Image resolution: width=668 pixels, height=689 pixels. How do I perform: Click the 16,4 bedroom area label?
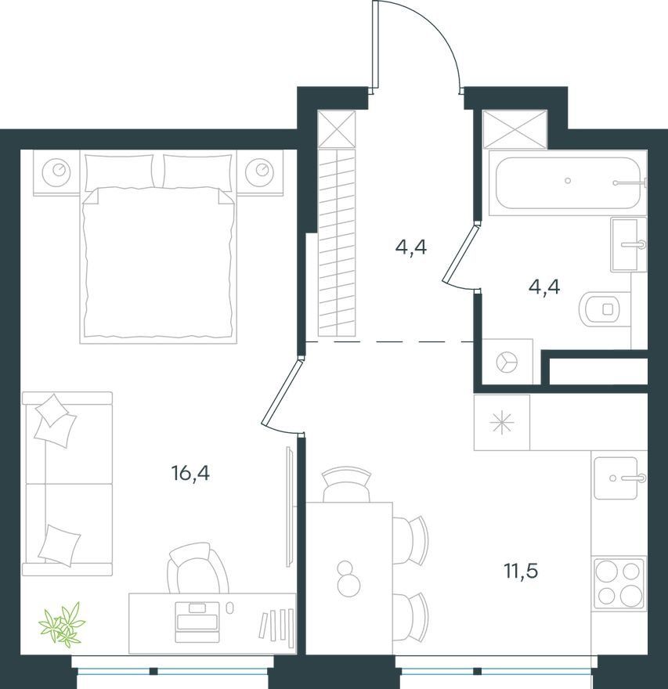[x=190, y=474]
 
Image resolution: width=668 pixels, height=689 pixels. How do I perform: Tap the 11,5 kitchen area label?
[x=521, y=572]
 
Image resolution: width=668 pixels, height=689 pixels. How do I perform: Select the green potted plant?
[x=62, y=624]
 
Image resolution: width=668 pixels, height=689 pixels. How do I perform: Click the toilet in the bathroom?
[x=599, y=309]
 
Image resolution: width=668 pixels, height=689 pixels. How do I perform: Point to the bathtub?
[x=568, y=182]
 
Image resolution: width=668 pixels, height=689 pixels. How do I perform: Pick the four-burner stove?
[x=619, y=583]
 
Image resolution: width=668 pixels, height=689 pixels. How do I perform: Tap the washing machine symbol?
[x=507, y=362]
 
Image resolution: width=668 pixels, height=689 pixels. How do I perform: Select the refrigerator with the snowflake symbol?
[x=502, y=422]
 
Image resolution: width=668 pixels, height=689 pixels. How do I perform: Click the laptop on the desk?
[x=197, y=622]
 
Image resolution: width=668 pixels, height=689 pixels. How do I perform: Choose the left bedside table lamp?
[x=56, y=171]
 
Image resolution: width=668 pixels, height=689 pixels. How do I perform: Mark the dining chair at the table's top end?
[x=347, y=485]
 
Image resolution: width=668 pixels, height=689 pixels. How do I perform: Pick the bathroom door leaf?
[x=460, y=253]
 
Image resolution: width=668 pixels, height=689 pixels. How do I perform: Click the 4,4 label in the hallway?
[x=411, y=248]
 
